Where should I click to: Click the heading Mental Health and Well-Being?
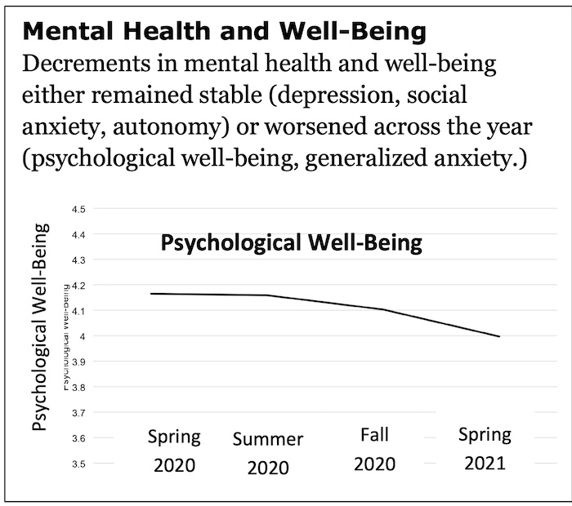coord(224,32)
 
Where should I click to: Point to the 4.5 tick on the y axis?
coord(79,210)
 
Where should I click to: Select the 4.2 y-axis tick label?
coord(79,286)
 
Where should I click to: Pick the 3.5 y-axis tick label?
coord(79,464)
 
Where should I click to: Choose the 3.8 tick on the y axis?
coord(79,388)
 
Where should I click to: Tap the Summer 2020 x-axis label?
coord(268,454)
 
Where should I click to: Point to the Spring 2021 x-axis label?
coord(485,449)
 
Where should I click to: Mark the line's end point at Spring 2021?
coord(499,336)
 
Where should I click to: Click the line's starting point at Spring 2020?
coord(153,293)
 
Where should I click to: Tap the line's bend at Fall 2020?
coord(382,309)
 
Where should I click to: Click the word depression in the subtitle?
coord(337,95)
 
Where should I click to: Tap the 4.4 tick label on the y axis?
coord(79,235)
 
